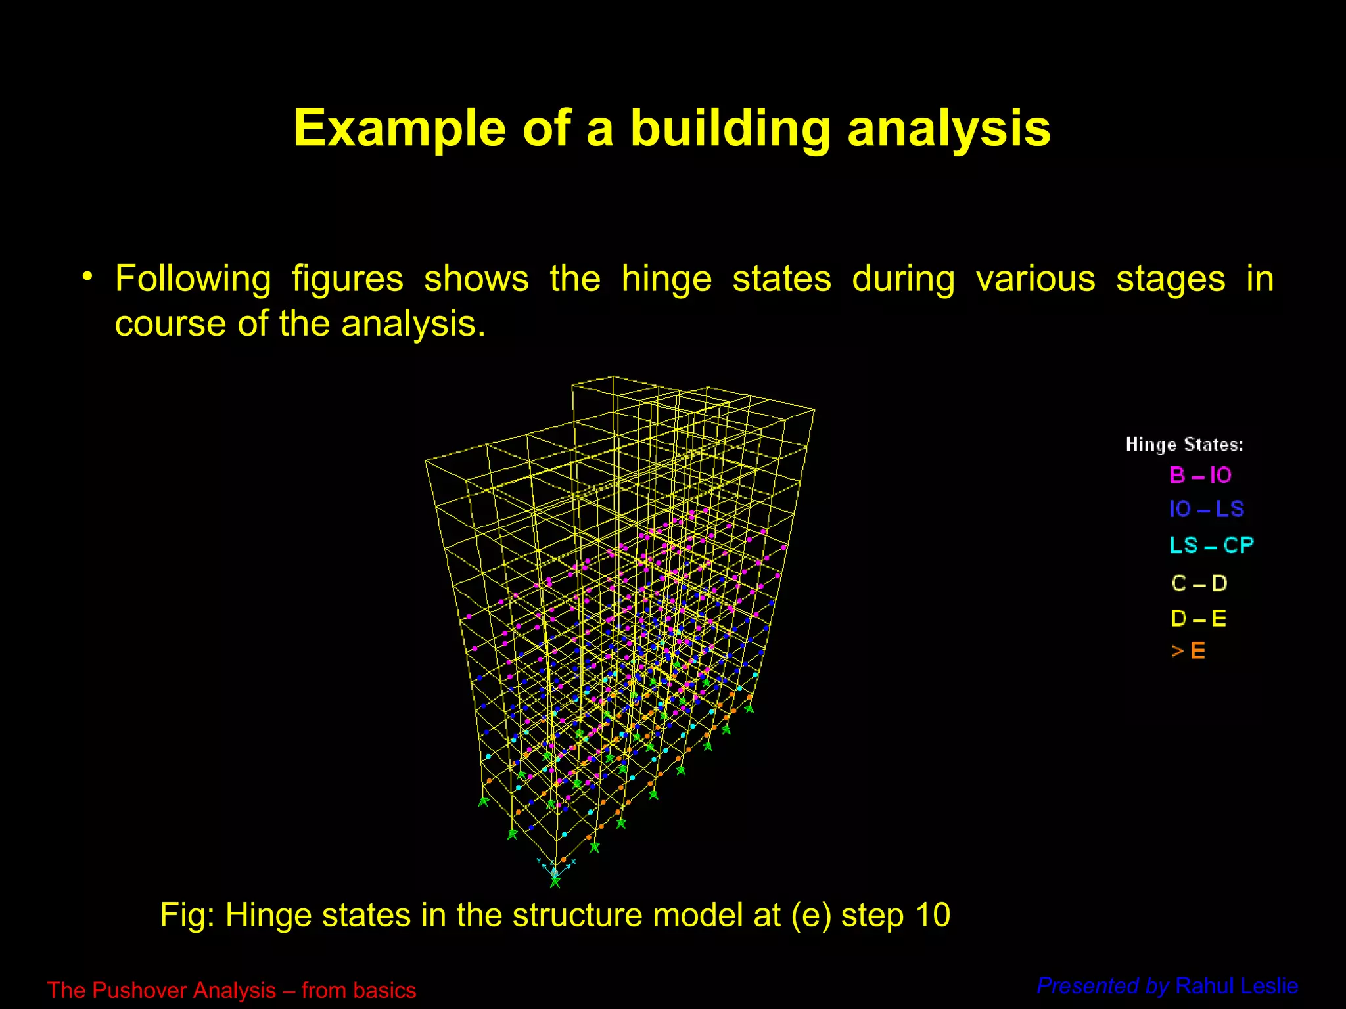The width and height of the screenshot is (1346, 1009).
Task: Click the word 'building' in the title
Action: (730, 129)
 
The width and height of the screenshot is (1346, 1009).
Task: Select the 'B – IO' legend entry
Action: (1200, 475)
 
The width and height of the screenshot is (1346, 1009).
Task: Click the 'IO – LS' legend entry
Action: (1206, 509)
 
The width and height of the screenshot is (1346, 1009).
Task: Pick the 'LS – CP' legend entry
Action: (1211, 545)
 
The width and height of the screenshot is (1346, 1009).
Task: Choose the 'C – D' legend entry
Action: (1199, 583)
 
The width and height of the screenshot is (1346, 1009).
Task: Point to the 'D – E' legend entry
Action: (1198, 618)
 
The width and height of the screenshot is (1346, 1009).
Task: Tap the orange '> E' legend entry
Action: (1188, 651)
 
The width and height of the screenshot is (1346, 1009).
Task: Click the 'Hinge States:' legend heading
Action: (1184, 445)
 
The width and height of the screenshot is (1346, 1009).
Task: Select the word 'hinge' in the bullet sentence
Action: (666, 279)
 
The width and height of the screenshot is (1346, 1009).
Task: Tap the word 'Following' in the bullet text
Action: (193, 279)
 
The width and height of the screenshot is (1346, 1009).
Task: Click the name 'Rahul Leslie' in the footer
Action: (1236, 986)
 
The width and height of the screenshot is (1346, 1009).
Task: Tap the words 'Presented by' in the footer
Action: (1102, 986)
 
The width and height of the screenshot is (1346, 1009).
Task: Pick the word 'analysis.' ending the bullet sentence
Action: (413, 324)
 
